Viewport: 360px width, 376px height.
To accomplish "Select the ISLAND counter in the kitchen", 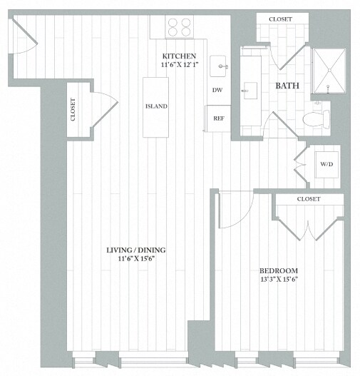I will pyautogui.click(x=156, y=107).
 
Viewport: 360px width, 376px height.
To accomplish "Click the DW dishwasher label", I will pyautogui.click(x=217, y=91).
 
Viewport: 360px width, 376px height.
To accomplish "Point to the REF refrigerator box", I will pyautogui.click(x=218, y=118).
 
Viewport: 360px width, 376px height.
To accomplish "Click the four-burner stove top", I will pyautogui.click(x=180, y=27).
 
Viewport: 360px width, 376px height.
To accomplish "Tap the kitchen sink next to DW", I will pyautogui.click(x=220, y=66).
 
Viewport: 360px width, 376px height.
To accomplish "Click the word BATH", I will pyautogui.click(x=287, y=87).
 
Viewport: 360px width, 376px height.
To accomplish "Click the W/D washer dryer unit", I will pyautogui.click(x=326, y=164).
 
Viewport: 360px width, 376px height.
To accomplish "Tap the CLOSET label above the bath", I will pyautogui.click(x=279, y=19).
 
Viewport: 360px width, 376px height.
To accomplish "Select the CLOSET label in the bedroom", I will pyautogui.click(x=308, y=199).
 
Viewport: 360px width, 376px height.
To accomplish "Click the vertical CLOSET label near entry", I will pyautogui.click(x=73, y=108).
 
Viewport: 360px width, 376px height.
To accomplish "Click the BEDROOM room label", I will pyautogui.click(x=278, y=270).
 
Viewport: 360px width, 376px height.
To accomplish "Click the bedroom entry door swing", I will pyautogui.click(x=235, y=208).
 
